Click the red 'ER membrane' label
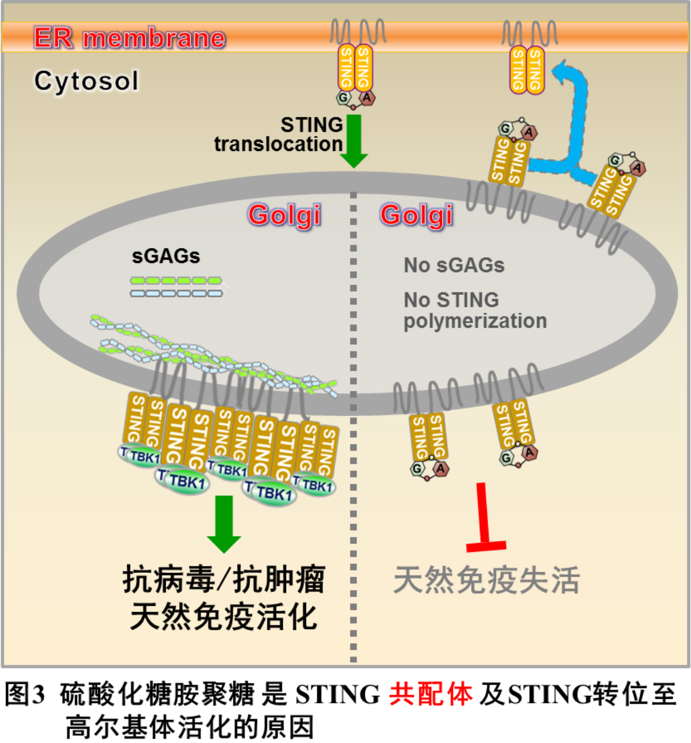pos(129,38)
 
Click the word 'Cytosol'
pos(87,81)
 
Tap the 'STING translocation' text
pos(279,134)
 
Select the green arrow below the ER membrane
pos(354,141)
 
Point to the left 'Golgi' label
pos(285,215)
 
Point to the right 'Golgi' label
pos(417,215)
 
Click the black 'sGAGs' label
pos(166,256)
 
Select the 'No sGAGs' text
pos(454,265)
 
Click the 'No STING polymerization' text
pos(474,310)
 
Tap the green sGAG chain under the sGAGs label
pos(176,280)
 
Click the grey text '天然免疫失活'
pos(486,580)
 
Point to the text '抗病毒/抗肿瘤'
pos(224,579)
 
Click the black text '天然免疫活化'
pos(224,617)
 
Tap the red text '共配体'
pos(431,694)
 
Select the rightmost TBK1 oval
pos(316,485)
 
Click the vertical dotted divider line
pos(353,418)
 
